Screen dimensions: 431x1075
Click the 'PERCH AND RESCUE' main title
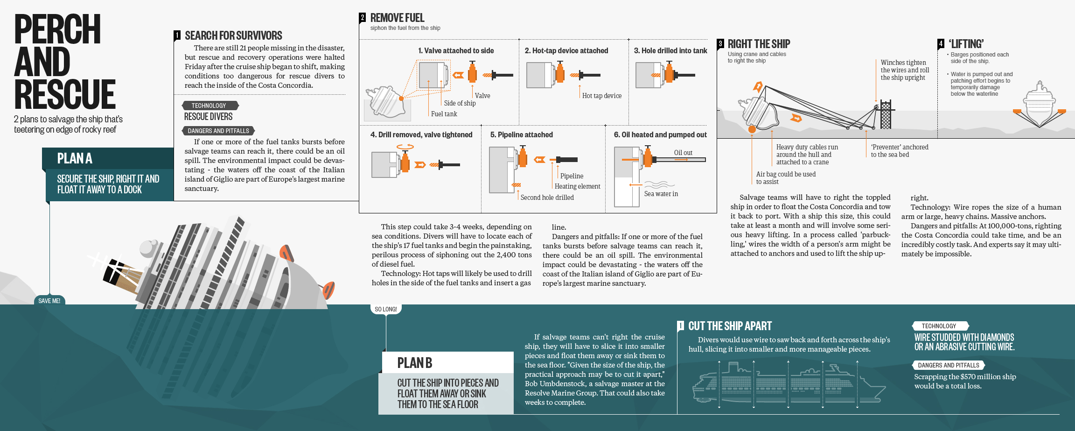coord(64,62)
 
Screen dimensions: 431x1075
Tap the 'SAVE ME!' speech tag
coord(49,301)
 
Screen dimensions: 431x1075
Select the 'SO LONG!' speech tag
coord(385,309)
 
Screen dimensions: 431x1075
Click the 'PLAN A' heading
coord(75,159)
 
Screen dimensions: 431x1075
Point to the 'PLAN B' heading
coord(414,363)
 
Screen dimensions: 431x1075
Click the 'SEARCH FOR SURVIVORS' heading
coord(233,35)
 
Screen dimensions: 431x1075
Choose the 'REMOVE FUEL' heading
coord(397,18)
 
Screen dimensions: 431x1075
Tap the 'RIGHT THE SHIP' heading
coord(759,44)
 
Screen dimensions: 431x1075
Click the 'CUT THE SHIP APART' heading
coord(730,326)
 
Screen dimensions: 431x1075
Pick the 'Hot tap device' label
coord(601,96)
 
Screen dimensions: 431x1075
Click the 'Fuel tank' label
coord(444,114)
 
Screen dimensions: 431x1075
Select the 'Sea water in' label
coord(661,194)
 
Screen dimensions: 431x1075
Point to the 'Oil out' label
coord(683,153)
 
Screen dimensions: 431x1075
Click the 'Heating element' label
coord(577,186)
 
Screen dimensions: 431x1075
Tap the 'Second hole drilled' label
coord(547,198)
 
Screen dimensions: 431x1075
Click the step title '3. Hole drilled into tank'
coord(670,50)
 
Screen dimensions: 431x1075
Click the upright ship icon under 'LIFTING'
coord(1039,105)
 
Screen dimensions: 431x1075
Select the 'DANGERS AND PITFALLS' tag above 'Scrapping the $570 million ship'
coord(948,365)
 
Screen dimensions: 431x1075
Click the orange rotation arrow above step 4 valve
coord(405,147)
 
